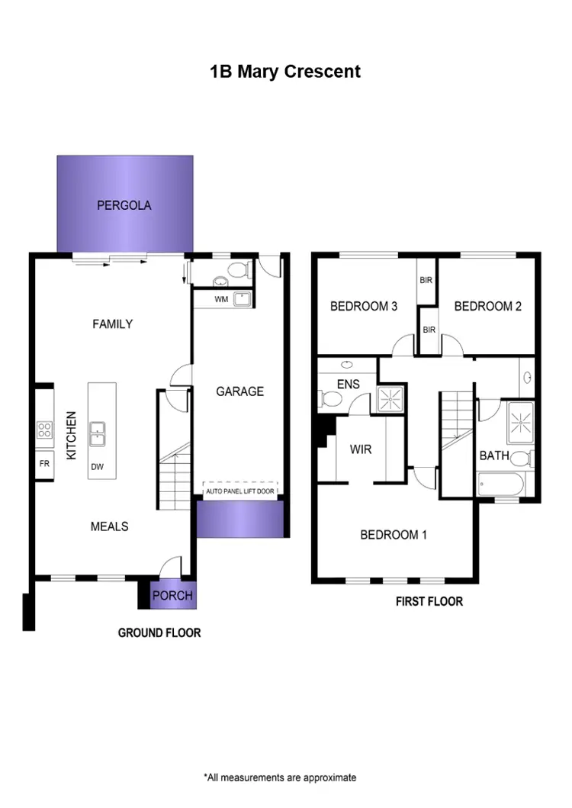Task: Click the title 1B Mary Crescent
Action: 285,72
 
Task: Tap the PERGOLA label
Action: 124,205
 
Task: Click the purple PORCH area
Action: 173,595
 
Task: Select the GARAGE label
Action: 239,391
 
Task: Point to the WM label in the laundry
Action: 221,299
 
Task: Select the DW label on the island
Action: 97,466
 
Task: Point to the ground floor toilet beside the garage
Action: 238,269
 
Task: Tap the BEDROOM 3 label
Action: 363,307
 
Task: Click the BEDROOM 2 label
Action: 487,307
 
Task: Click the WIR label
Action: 361,449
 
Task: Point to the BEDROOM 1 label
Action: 394,535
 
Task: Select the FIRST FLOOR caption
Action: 429,601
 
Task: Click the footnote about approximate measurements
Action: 280,777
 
